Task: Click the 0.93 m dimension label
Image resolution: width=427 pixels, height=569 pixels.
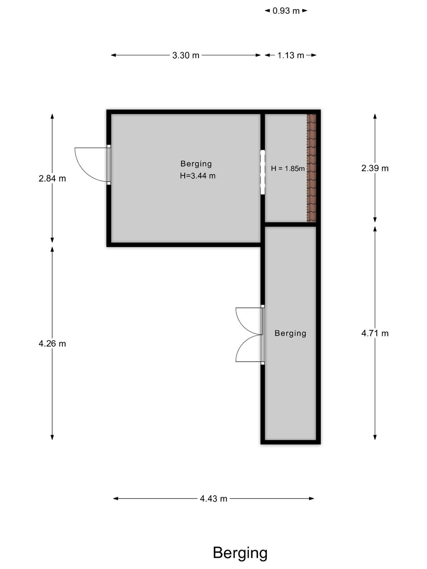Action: click(x=286, y=11)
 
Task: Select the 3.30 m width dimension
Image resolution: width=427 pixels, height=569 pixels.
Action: click(x=186, y=55)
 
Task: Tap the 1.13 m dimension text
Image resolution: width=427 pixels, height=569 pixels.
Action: click(x=291, y=55)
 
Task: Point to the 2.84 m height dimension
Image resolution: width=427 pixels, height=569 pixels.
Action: click(x=52, y=179)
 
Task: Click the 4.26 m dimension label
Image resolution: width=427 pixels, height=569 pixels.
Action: click(x=52, y=344)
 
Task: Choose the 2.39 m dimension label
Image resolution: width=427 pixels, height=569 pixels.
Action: click(x=375, y=169)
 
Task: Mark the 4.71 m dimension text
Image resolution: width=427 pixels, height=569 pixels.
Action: click(x=375, y=333)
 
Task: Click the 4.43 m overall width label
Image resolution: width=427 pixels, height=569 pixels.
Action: click(x=213, y=499)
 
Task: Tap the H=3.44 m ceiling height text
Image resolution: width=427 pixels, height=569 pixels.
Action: click(x=197, y=176)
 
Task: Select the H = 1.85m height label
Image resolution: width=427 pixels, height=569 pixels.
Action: click(x=288, y=169)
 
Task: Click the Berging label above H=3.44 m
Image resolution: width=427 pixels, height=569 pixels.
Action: click(x=196, y=164)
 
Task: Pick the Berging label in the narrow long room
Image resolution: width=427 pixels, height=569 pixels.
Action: click(x=290, y=333)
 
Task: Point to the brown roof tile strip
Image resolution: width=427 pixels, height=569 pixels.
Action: click(x=311, y=168)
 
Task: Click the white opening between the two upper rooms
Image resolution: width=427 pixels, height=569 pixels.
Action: click(x=263, y=172)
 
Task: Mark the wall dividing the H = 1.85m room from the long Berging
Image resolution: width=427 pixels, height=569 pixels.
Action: click(x=290, y=224)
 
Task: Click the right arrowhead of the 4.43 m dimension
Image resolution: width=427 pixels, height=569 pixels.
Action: click(x=312, y=499)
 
